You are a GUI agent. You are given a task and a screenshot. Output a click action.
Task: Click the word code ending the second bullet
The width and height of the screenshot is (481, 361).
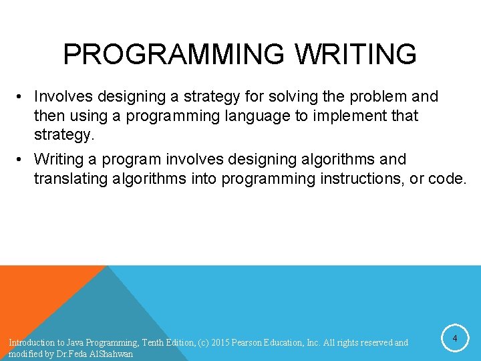point(450,179)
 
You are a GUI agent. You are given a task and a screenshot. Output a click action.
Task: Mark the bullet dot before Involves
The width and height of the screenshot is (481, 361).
point(22,98)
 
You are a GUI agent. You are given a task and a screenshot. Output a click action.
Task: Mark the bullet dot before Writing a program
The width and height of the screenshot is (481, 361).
point(22,160)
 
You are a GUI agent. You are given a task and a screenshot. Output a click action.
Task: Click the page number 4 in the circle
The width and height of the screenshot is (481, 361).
point(454,340)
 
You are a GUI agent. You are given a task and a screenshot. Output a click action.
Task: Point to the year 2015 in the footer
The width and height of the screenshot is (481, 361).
point(221,343)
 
